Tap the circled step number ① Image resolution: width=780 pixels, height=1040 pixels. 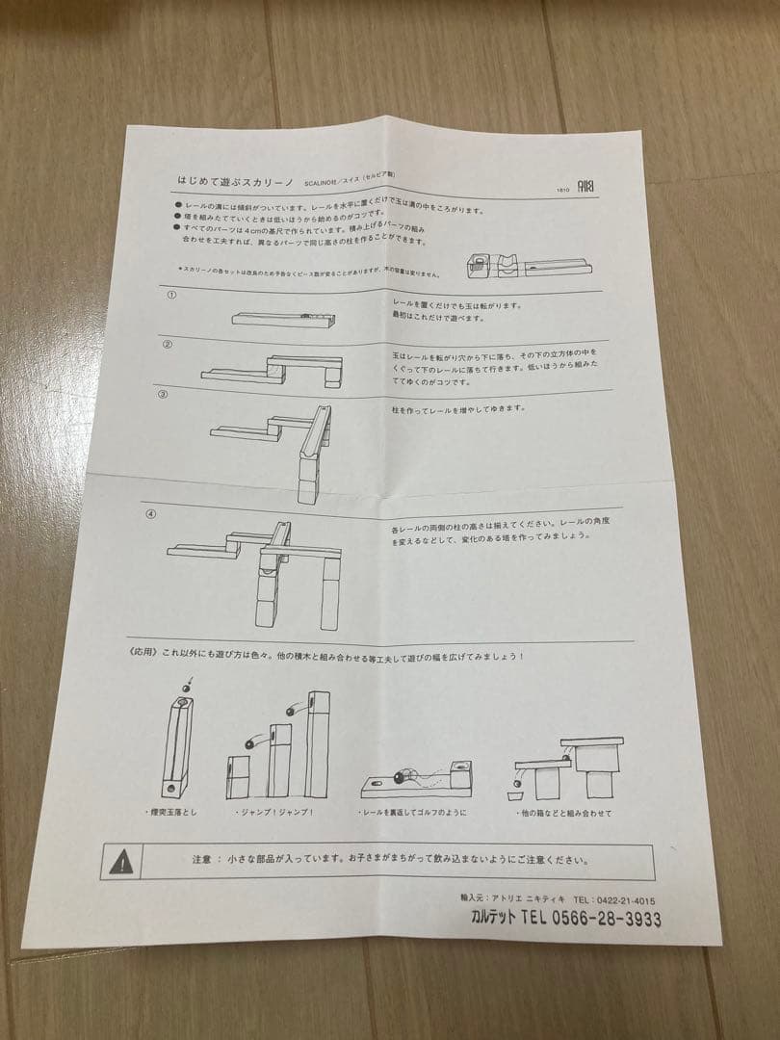click(x=170, y=295)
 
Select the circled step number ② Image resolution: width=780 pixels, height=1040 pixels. click(x=167, y=344)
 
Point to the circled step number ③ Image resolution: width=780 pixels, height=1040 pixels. click(x=163, y=394)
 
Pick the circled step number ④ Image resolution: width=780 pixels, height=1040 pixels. click(x=150, y=512)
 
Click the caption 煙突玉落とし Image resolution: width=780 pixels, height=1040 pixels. click(x=173, y=814)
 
